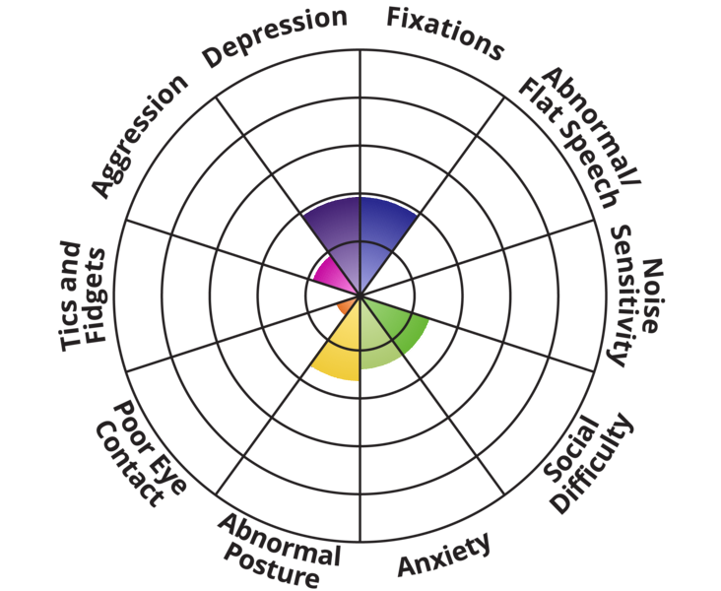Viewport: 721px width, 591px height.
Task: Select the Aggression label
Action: (138, 134)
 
